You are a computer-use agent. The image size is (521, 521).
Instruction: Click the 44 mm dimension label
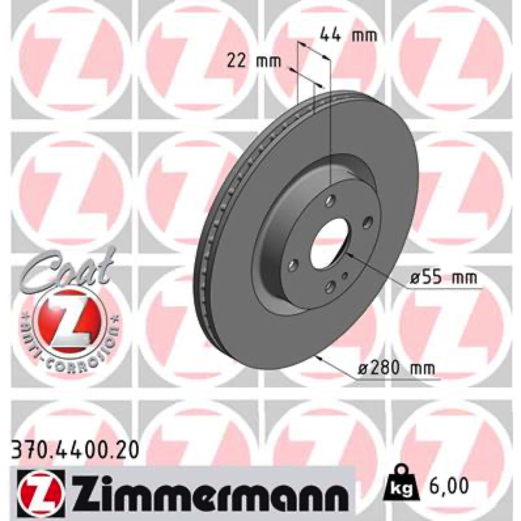(348, 35)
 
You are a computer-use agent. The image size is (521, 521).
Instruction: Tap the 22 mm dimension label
(254, 61)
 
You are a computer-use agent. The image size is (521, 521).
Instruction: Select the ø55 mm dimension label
(443, 277)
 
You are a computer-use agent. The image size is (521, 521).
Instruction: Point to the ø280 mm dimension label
(396, 368)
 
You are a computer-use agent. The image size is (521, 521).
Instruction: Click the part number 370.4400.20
(75, 451)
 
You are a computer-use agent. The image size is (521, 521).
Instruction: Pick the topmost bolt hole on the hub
(330, 201)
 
